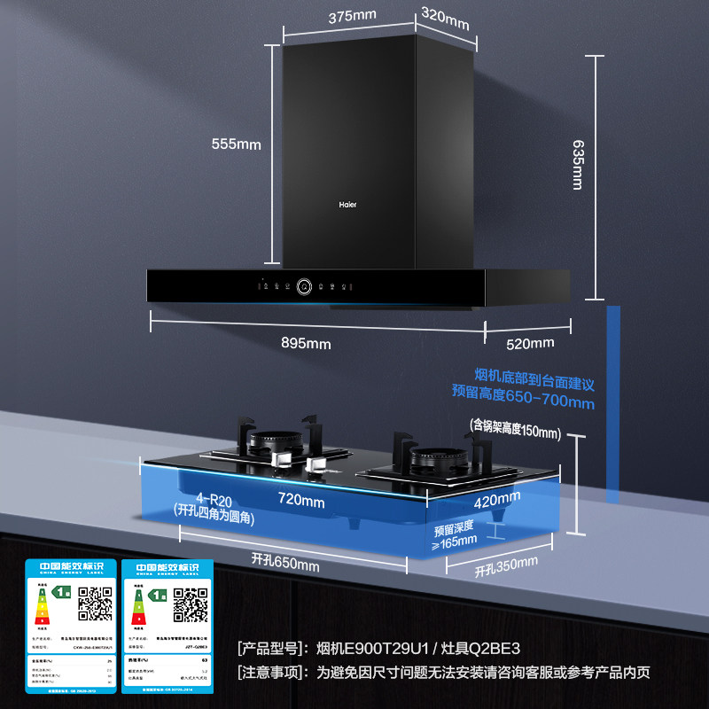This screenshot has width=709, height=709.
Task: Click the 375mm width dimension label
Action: click(352, 16)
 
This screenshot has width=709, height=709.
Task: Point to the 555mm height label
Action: click(237, 144)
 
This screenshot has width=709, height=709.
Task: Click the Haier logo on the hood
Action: click(349, 202)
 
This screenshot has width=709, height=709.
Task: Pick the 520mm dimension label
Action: click(530, 343)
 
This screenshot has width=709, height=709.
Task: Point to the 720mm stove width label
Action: click(301, 501)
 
